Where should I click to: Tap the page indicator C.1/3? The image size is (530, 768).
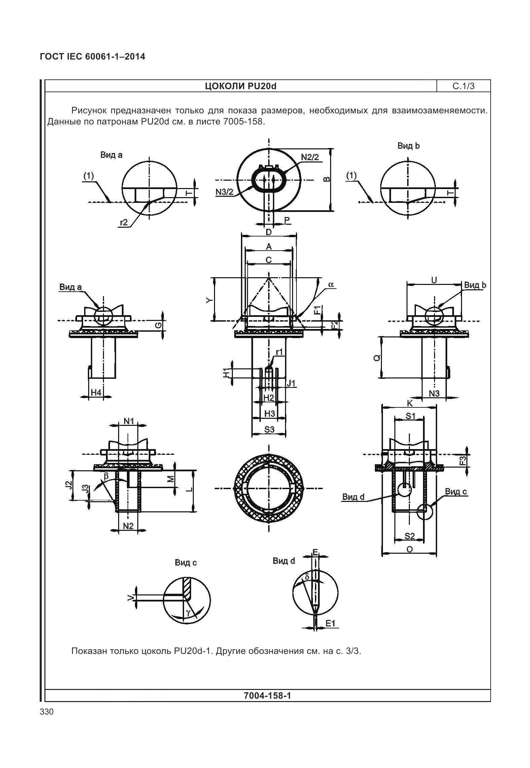click(x=463, y=86)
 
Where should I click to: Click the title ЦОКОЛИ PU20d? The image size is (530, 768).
click(x=241, y=86)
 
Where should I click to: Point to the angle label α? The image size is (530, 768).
click(x=331, y=284)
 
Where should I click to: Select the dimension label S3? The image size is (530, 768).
click(x=269, y=429)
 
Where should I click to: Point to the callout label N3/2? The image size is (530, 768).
click(x=224, y=192)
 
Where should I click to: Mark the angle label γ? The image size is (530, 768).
click(x=189, y=613)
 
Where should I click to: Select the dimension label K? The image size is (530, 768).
click(x=410, y=403)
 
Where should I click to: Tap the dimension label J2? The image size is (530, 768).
click(x=69, y=485)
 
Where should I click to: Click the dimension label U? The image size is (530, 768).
click(x=434, y=280)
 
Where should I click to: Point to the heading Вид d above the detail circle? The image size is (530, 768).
click(x=284, y=561)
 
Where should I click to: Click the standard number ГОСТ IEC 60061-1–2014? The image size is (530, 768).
click(x=93, y=57)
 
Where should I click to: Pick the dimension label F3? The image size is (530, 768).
click(x=463, y=461)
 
